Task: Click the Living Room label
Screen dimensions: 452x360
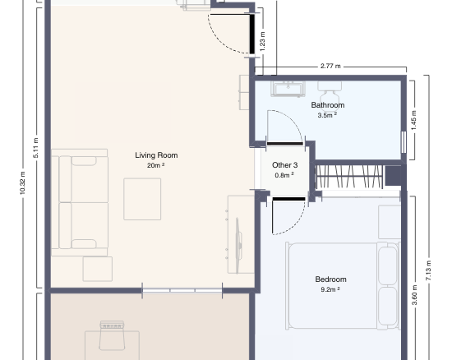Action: (x=156, y=155)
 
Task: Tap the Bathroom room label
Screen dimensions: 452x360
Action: (x=328, y=105)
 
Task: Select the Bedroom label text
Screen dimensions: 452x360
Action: (x=330, y=279)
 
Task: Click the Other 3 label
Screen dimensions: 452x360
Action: (x=285, y=165)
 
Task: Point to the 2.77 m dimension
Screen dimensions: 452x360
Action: (x=330, y=66)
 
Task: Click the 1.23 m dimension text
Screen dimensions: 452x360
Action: (x=262, y=41)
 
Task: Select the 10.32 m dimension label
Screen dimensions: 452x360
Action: (x=23, y=182)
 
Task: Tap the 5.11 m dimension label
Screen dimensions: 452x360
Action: (x=36, y=148)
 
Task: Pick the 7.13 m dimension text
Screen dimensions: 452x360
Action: (x=428, y=270)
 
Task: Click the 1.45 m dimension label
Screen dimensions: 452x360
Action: (x=414, y=120)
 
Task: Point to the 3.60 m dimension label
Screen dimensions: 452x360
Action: (x=414, y=295)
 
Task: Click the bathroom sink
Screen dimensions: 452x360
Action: (x=288, y=89)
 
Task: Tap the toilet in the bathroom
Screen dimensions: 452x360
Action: (x=330, y=92)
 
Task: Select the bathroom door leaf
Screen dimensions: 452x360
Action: (x=285, y=144)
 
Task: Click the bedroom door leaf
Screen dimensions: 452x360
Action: (x=288, y=199)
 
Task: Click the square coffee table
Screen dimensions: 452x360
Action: (x=142, y=199)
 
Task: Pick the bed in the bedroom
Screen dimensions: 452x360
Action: (x=343, y=286)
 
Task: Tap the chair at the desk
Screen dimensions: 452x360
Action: (x=112, y=335)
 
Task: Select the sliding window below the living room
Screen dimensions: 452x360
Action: (x=182, y=290)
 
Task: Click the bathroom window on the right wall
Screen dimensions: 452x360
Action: (x=404, y=142)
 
